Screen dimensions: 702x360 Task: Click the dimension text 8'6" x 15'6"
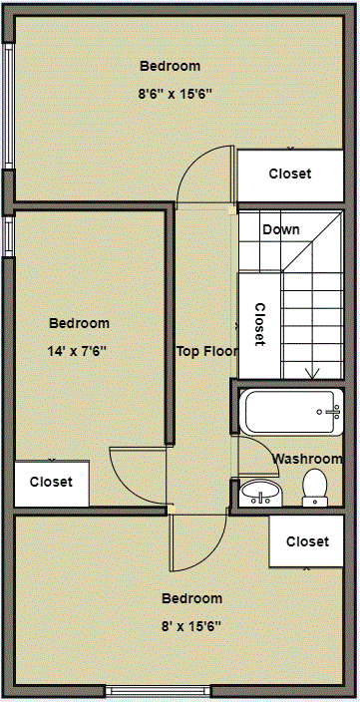[x=176, y=93]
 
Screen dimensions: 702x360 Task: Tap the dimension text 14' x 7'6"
[x=77, y=351]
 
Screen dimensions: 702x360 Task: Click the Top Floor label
[x=206, y=351]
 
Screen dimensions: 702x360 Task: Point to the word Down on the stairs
[x=280, y=229]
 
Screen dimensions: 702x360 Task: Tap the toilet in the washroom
[x=315, y=488]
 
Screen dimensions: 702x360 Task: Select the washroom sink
[x=262, y=492]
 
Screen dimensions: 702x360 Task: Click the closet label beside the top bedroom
[x=290, y=174]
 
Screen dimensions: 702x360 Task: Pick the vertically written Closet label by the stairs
[x=259, y=324]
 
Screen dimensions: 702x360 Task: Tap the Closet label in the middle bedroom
[x=51, y=482]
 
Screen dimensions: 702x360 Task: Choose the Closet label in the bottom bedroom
[x=307, y=541]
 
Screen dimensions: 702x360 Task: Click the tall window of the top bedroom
[x=9, y=106]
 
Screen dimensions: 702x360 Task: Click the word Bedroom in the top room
[x=170, y=66]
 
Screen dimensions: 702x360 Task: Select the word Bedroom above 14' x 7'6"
[x=79, y=323]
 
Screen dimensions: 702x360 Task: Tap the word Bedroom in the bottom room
[x=191, y=598]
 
